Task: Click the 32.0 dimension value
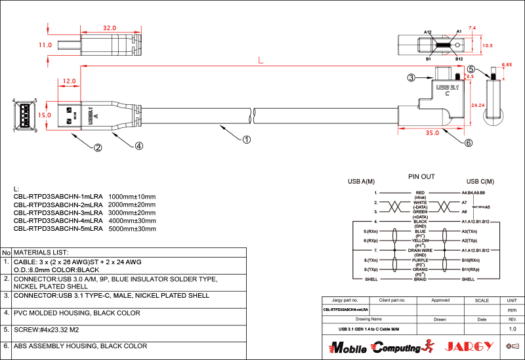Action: point(109,28)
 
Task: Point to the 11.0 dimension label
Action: point(45,45)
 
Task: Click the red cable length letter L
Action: point(261,60)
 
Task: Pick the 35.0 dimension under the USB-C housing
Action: point(431,133)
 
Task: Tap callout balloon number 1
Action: point(247,139)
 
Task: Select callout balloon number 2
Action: point(98,148)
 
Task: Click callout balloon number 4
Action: point(138,146)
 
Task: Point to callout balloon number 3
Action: point(411,77)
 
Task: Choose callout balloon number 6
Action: point(468,143)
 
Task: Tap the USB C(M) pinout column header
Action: point(480,182)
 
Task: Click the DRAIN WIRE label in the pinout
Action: point(421,250)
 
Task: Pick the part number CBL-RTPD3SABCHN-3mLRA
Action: point(58,213)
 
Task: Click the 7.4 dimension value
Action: point(472,28)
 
